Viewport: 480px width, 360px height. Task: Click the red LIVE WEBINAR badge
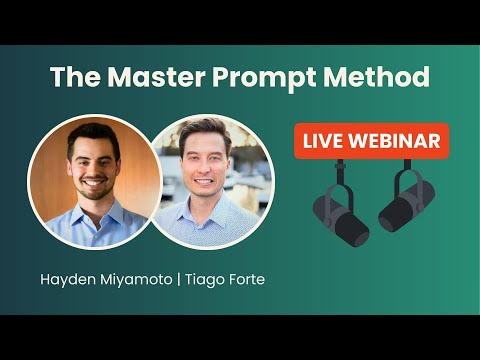pyautogui.click(x=371, y=141)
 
